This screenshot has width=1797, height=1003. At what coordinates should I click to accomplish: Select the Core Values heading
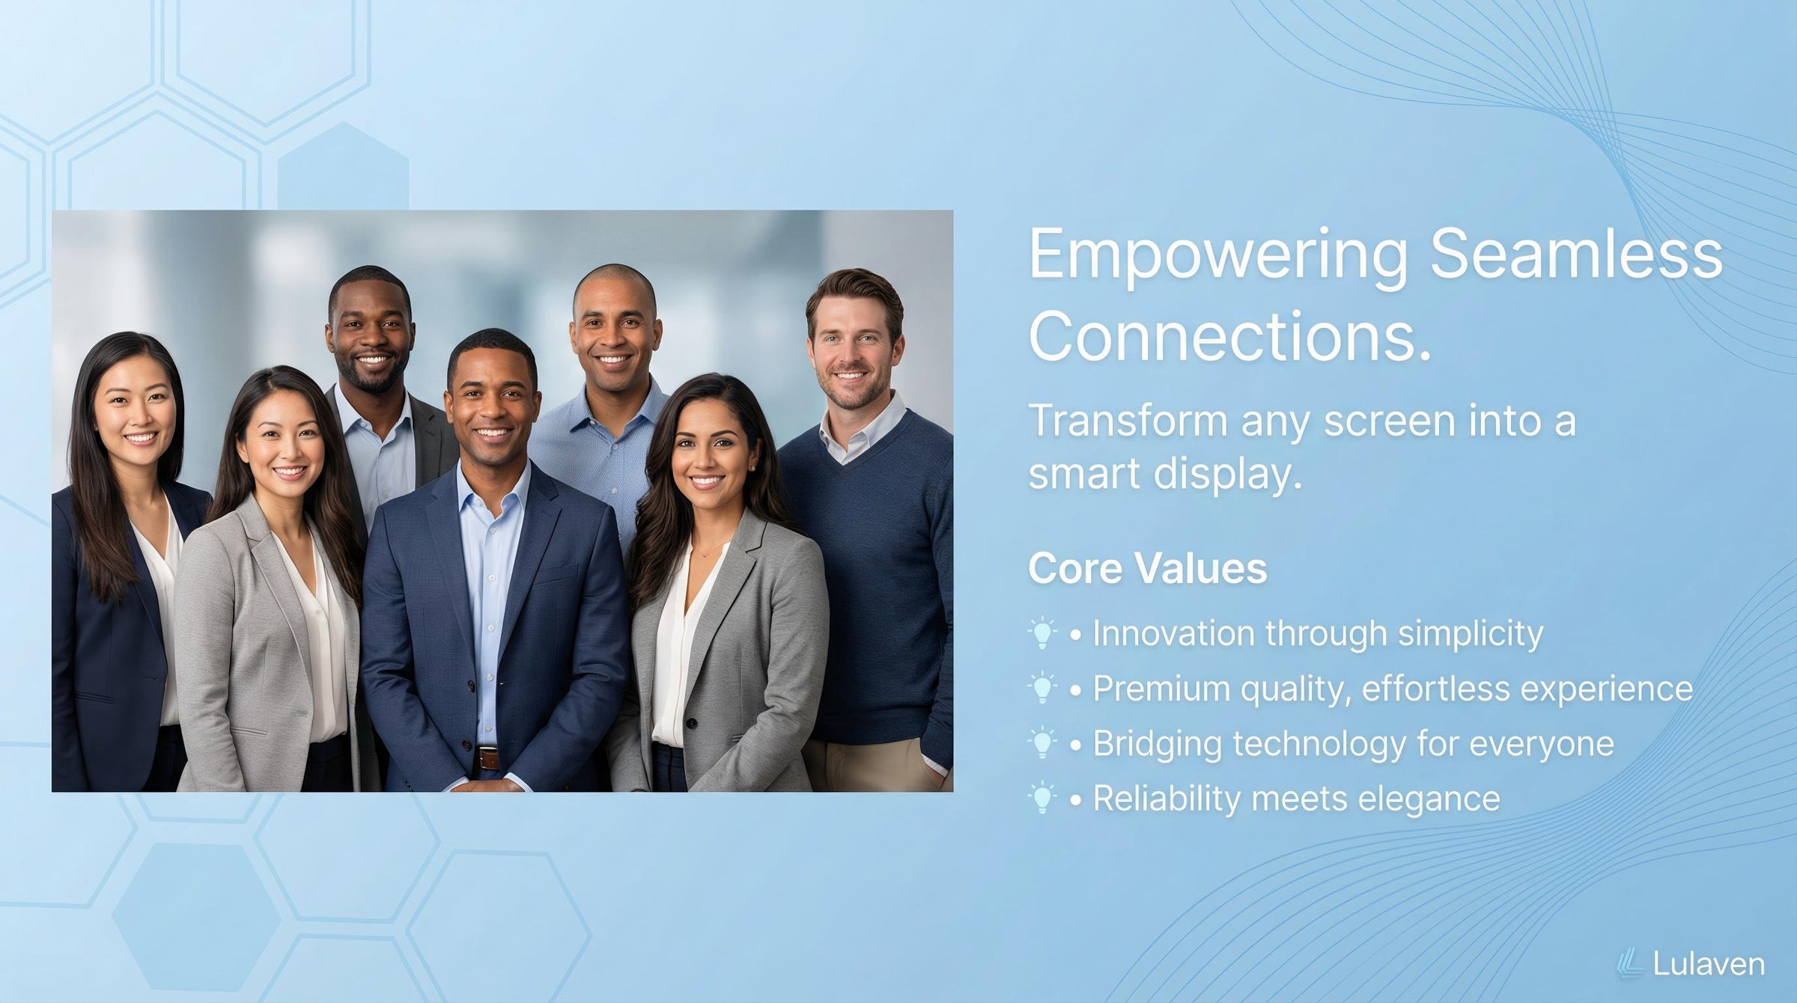click(x=1148, y=568)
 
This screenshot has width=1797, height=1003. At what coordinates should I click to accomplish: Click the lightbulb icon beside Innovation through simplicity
click(x=1042, y=633)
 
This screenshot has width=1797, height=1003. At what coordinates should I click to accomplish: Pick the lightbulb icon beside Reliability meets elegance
click(x=1042, y=799)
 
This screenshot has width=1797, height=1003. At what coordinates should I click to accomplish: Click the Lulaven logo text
click(x=1709, y=964)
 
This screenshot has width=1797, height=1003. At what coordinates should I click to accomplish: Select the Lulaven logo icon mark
click(x=1629, y=964)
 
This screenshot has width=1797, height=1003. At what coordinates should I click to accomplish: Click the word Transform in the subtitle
click(x=1128, y=421)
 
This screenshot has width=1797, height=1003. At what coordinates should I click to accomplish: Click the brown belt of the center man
click(x=487, y=758)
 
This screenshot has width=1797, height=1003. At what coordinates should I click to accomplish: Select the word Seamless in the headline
click(x=1576, y=254)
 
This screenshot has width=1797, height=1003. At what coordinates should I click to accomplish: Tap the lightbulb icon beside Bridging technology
click(x=1042, y=743)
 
